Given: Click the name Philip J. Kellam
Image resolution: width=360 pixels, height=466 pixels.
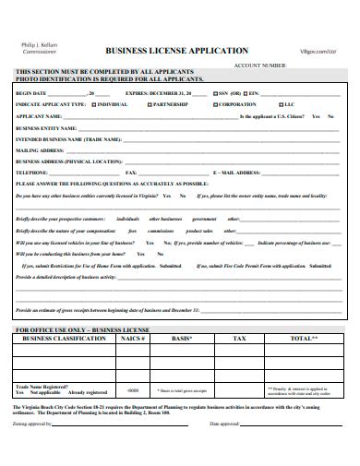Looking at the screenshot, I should pos(38,45).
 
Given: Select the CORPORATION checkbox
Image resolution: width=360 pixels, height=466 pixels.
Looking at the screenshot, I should pos(213,105).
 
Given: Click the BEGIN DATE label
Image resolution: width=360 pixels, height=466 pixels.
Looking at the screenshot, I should pos(32,94).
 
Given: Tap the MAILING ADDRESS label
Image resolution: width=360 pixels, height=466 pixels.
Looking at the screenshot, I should pos(40,149).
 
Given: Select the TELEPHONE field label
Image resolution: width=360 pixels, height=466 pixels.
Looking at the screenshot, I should pos(32,171).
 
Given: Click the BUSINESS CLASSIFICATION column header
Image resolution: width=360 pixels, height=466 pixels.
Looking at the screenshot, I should pos(62,340).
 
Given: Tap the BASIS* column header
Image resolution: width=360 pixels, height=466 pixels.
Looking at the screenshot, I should pos(180,340).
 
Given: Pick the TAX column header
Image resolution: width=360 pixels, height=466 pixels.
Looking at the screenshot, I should pos(238,340).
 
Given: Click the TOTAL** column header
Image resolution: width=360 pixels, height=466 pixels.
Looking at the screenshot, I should pos(303,340).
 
